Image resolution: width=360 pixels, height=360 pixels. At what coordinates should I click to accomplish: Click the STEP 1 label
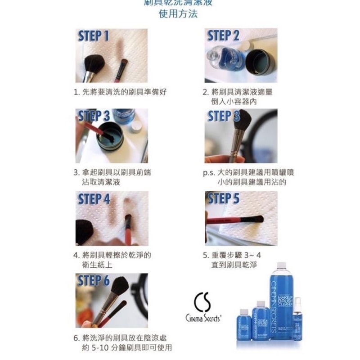point(94,36)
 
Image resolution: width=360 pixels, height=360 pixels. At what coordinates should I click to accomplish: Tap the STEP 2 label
point(223,36)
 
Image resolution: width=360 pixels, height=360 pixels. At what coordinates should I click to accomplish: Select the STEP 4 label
point(94,199)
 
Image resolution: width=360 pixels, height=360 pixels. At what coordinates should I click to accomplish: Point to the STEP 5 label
point(223,198)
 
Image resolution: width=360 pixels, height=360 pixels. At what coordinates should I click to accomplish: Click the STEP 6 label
point(94,281)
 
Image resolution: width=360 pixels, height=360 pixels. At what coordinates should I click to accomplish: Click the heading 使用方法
point(178,13)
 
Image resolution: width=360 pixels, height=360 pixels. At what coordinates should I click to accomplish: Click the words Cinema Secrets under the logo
point(203,318)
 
